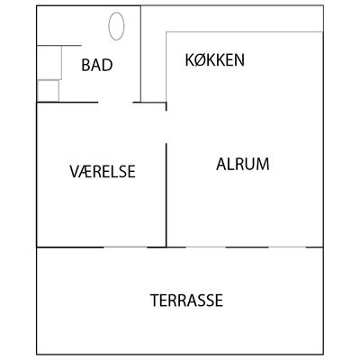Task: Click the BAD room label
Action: [97, 65]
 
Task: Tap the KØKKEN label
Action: [215, 59]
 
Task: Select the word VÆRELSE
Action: [103, 171]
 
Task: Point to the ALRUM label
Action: [243, 164]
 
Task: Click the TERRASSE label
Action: [186, 301]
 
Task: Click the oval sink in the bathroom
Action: [116, 26]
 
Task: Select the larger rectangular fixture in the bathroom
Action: [49, 63]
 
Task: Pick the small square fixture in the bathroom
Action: [48, 91]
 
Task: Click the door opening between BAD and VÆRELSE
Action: [115, 103]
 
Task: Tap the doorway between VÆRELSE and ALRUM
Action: [166, 127]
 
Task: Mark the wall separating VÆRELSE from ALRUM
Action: [166, 195]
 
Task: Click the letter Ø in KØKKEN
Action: [201, 59]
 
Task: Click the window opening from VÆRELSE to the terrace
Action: [125, 247]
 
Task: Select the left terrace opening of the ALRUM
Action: [205, 247]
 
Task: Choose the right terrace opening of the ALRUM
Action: [287, 247]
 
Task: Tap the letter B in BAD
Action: [86, 65]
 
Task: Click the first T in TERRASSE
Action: [155, 301]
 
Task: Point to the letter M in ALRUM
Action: [262, 164]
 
